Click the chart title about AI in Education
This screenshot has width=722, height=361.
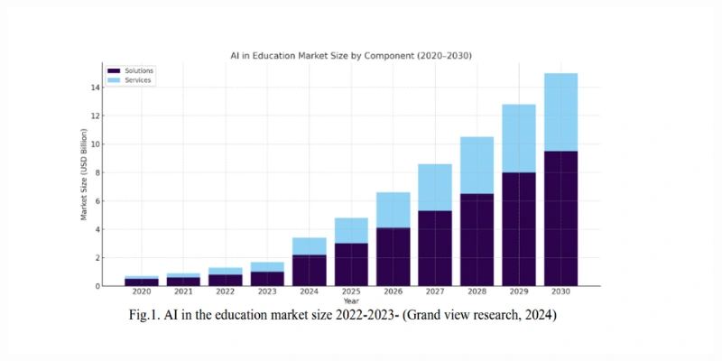[351, 56]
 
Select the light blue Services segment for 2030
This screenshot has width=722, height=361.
[560, 112]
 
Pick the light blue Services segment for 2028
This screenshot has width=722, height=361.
[477, 165]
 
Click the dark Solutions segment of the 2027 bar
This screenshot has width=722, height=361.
[435, 248]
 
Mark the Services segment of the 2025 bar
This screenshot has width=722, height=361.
[351, 230]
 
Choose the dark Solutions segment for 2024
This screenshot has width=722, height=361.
[309, 271]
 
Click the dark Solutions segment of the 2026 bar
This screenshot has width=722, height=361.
[393, 256]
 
